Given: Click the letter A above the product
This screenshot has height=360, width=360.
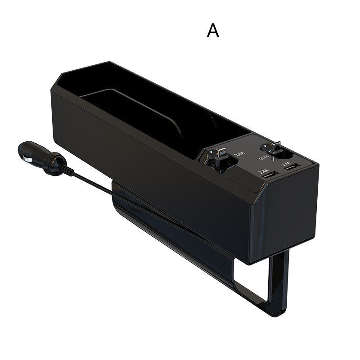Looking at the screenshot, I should click(213, 30).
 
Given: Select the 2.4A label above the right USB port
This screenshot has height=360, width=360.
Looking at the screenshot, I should click(286, 164).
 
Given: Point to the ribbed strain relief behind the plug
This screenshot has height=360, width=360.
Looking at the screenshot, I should click(68, 170).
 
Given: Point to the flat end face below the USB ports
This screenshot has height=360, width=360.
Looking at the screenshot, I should click(288, 211).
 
